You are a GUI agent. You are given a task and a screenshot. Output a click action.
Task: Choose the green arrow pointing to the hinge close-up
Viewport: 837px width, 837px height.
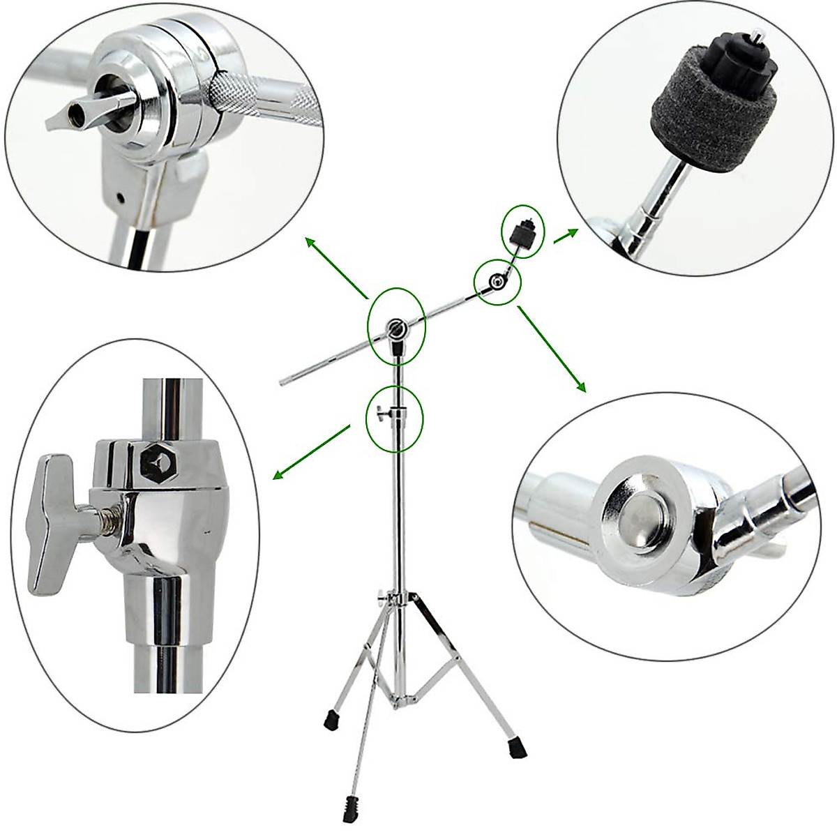click(552, 349)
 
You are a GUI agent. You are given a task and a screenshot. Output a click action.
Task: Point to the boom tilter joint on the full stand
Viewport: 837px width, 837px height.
click(395, 329)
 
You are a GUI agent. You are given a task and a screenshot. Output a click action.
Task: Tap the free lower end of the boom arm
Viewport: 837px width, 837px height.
click(282, 381)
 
